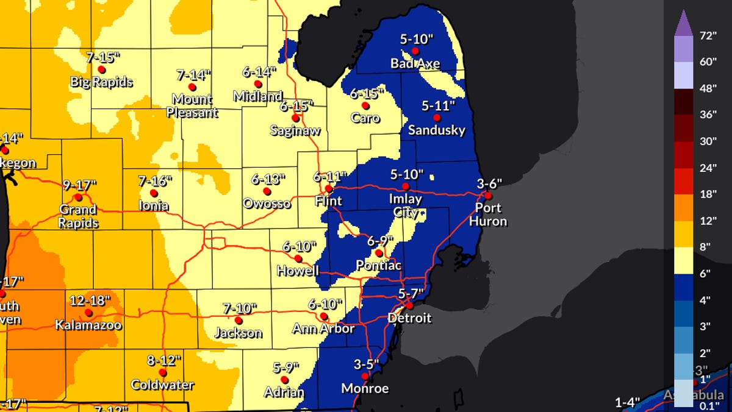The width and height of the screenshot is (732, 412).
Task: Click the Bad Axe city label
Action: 415,63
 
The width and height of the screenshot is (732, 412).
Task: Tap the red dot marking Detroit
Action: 410,305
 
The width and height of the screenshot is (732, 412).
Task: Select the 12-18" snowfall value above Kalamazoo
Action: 89,300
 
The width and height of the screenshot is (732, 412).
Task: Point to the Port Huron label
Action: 488,214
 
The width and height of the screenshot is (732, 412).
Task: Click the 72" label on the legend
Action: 707,35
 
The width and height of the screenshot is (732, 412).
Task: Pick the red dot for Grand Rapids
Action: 78,197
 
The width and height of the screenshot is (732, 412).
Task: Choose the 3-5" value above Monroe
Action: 366,364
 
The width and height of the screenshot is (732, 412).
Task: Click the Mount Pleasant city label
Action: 192,105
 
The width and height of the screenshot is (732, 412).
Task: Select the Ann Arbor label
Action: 323,329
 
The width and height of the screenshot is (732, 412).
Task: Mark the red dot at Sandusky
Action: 437,117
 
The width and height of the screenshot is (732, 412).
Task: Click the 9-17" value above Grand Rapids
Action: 80,185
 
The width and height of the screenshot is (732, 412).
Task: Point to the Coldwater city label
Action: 162,385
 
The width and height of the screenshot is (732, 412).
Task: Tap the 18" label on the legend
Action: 707,194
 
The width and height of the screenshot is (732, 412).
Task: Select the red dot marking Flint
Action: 329,188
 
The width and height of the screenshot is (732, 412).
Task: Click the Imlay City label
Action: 406,205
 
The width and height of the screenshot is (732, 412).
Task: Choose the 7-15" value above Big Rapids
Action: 103,57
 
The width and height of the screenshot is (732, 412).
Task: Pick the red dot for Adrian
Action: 284,380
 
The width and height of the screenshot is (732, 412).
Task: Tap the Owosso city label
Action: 267,203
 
